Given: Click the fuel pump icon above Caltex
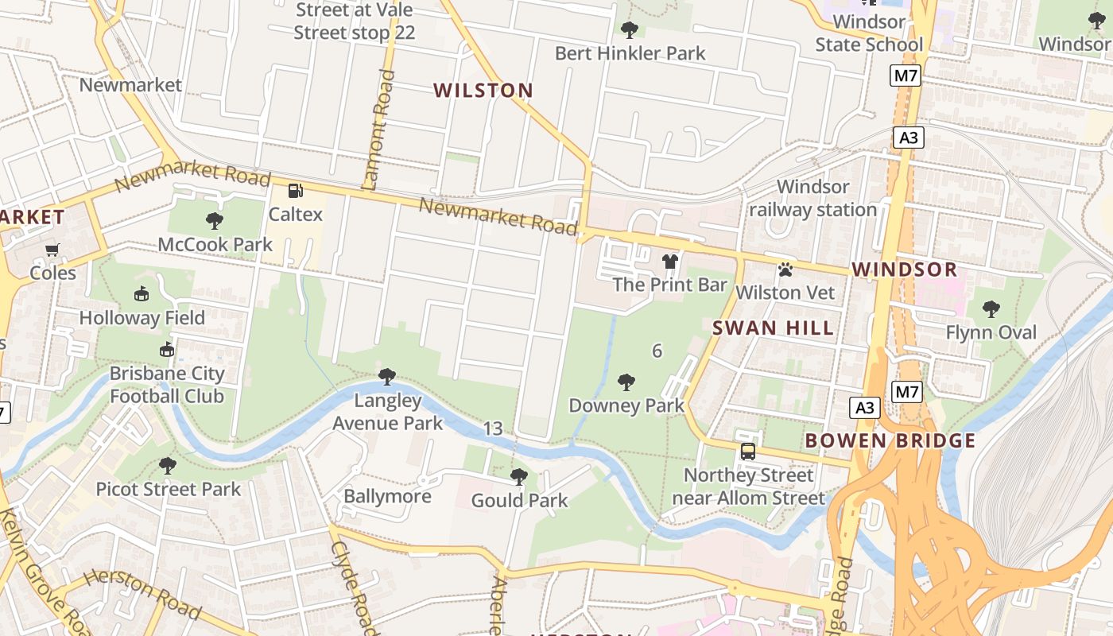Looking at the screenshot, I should tap(296, 190).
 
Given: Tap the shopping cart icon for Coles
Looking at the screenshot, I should tap(52, 250).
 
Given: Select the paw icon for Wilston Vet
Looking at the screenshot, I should tap(785, 270).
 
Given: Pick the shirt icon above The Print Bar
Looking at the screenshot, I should tap(670, 262).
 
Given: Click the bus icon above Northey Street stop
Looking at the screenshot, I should tap(748, 452).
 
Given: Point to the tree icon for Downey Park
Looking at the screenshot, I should tap(626, 382).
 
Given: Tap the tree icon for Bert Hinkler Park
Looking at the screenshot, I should tap(630, 30).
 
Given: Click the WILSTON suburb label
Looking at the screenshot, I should tap(483, 91).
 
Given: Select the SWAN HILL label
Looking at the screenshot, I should tap(773, 328).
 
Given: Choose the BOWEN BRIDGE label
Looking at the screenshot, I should tap(890, 440).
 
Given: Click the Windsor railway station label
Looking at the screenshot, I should tap(812, 198).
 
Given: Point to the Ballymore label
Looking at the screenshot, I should tap(387, 496).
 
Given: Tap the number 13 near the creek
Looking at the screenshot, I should tap(493, 429).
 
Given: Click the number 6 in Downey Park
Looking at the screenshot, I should tap(657, 351).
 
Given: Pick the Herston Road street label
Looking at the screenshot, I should tap(142, 594).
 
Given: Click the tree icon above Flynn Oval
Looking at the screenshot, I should tap(991, 308).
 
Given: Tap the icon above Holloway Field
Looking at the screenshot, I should tap(142, 294).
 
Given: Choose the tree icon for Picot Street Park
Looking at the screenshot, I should tap(167, 465).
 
